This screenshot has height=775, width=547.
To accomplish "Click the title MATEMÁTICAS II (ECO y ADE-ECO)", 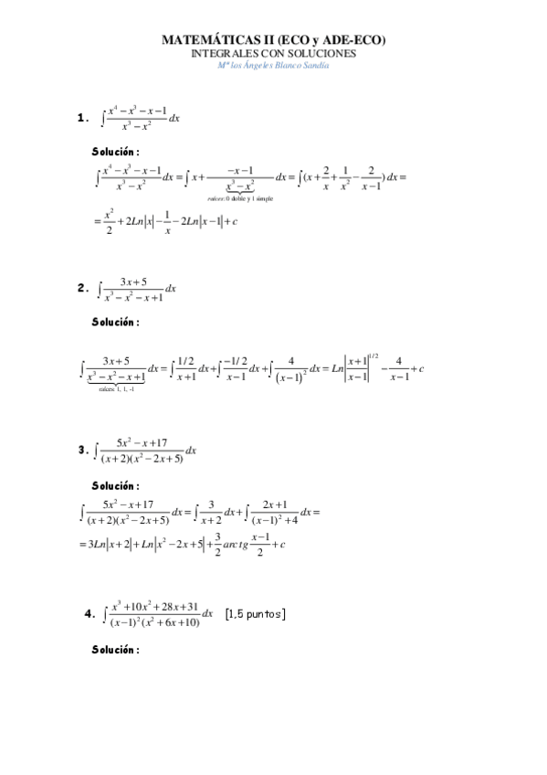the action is pyautogui.click(x=273, y=40).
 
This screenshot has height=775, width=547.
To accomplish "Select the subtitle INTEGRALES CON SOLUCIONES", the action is pyautogui.click(x=273, y=53).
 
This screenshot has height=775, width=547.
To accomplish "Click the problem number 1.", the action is pyautogui.click(x=82, y=118).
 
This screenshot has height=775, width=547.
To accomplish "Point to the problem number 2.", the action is pyautogui.click(x=82, y=289).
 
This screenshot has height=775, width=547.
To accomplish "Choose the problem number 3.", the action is pyautogui.click(x=82, y=450).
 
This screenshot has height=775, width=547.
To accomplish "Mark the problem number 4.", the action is pyautogui.click(x=89, y=613).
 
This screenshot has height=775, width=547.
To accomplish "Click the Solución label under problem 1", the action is pyautogui.click(x=115, y=152).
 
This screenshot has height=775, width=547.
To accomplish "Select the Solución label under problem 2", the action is pyautogui.click(x=115, y=322).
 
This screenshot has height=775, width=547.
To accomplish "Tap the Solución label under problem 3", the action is pyautogui.click(x=115, y=485).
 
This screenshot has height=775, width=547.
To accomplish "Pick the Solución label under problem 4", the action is pyautogui.click(x=115, y=650).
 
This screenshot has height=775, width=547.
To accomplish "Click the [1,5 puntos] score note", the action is pyautogui.click(x=255, y=613).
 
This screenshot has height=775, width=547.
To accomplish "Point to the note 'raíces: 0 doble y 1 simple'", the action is pyautogui.click(x=240, y=197).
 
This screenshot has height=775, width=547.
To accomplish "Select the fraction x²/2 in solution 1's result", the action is pyautogui.click(x=109, y=221).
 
